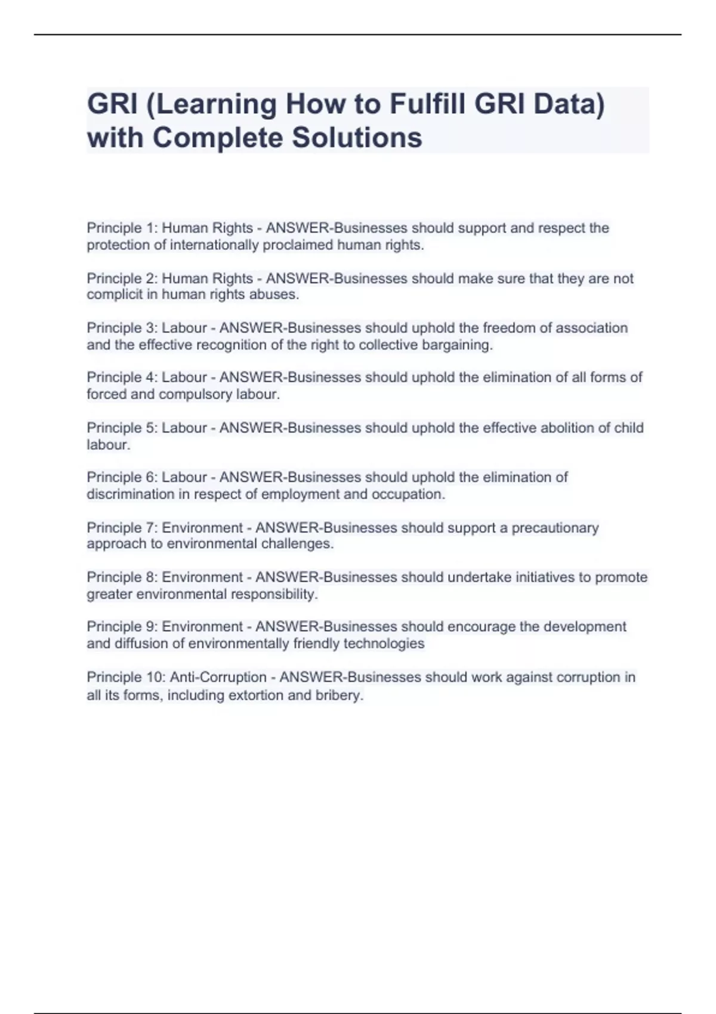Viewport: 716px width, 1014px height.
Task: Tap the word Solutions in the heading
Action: pyautogui.click(x=357, y=138)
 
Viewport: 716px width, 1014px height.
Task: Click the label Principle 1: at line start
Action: pyautogui.click(x=122, y=228)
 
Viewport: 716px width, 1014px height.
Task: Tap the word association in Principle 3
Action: pyautogui.click(x=591, y=328)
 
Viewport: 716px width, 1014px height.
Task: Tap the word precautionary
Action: pyautogui.click(x=555, y=528)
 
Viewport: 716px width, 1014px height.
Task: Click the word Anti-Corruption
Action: pyautogui.click(x=218, y=678)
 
